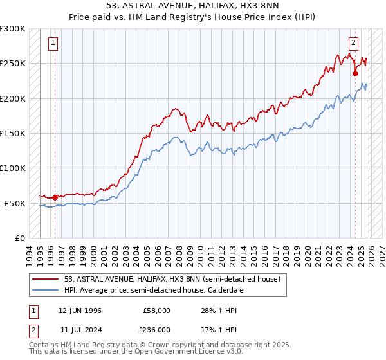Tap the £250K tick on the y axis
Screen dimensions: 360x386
click(13, 64)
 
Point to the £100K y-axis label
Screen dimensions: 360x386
click(13, 168)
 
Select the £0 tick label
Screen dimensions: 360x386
click(19, 238)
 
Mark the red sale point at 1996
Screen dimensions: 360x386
click(55, 197)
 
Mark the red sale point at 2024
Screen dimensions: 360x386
click(355, 73)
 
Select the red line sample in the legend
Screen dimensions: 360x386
click(46, 280)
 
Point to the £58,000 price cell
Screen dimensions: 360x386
click(157, 310)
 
